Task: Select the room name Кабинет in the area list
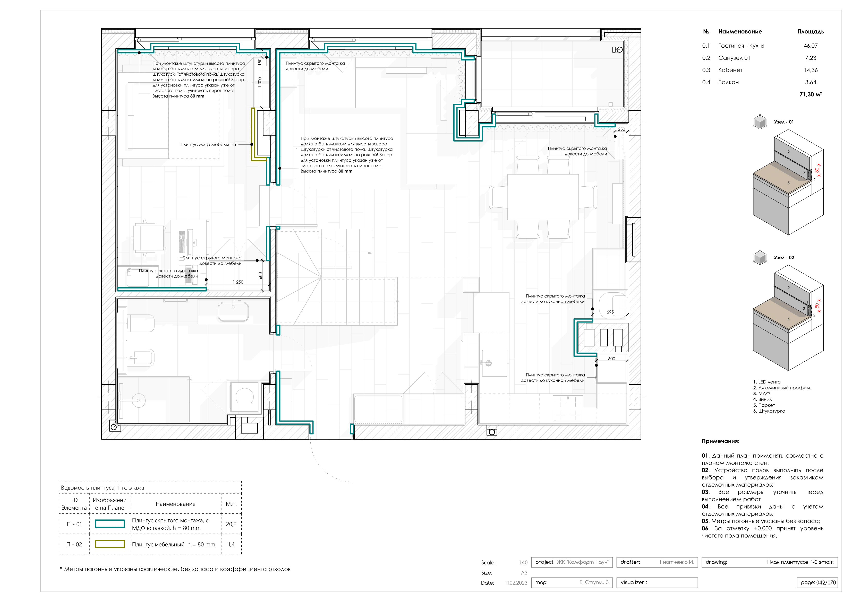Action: [x=730, y=70]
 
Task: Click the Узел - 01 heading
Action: [x=784, y=122]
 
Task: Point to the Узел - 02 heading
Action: [x=784, y=257]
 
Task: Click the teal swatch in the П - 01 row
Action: [x=109, y=524]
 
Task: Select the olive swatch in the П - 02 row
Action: [x=109, y=544]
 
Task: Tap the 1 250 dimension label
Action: [x=238, y=282]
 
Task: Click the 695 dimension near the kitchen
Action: [x=610, y=312]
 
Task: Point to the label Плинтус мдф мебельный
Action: [x=208, y=144]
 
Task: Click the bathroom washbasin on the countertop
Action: [x=233, y=311]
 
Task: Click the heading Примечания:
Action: [x=720, y=441]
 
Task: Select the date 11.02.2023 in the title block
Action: [x=516, y=583]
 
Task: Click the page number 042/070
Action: [x=818, y=582]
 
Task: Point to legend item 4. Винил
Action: [x=763, y=399]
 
